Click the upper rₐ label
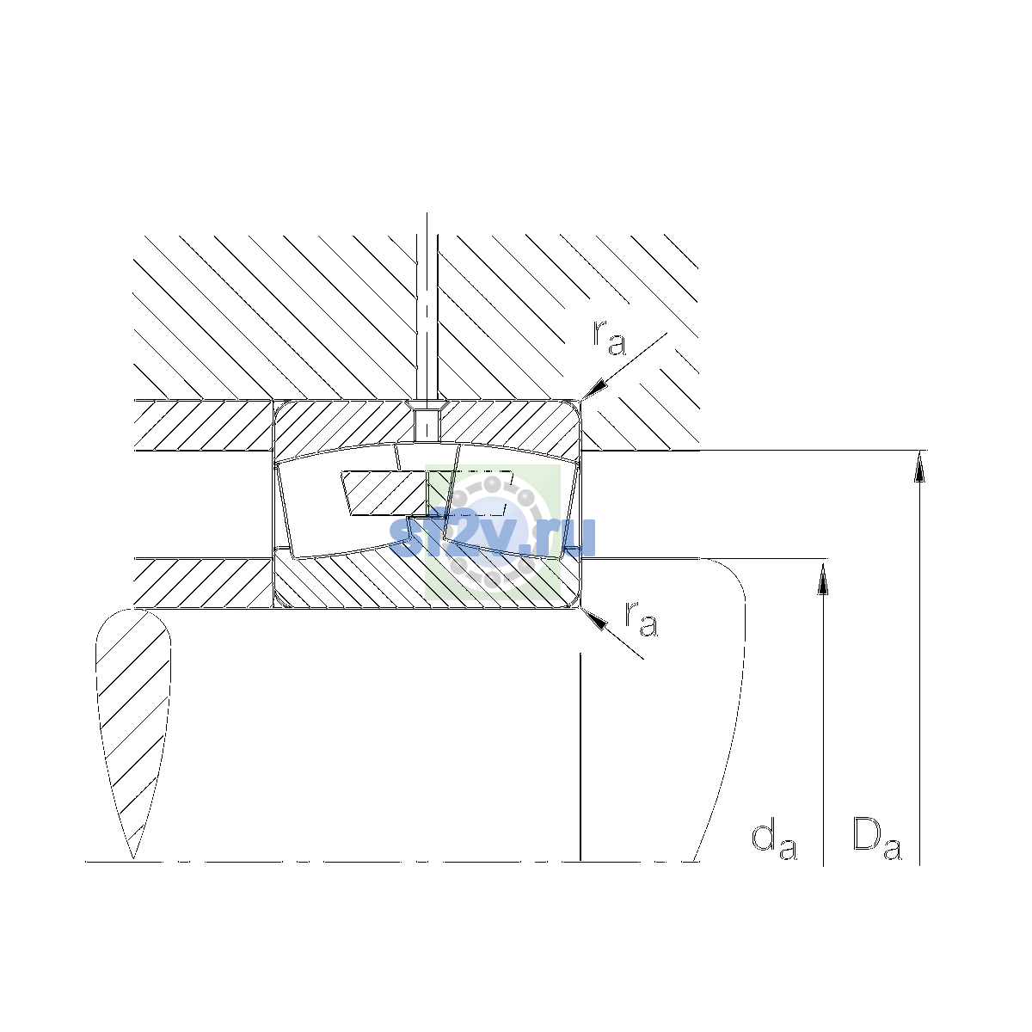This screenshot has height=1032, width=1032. click(x=609, y=339)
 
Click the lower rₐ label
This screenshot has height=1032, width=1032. click(x=641, y=619)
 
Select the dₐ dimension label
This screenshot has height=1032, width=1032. click(x=774, y=841)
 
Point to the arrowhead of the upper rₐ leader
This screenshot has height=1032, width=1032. click(x=593, y=390)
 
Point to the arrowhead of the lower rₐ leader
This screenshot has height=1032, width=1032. click(x=593, y=618)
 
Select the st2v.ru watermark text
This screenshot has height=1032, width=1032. click(x=492, y=537)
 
